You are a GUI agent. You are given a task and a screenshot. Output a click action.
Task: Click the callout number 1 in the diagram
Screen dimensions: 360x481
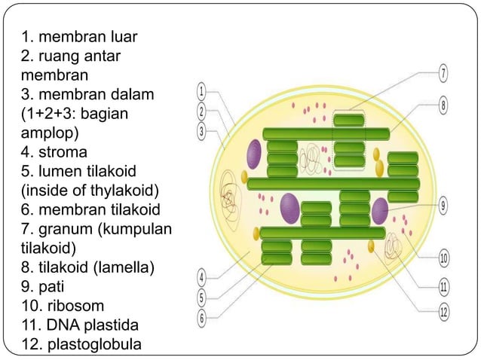201,91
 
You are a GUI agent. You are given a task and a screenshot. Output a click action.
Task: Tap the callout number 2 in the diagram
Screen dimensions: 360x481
201,111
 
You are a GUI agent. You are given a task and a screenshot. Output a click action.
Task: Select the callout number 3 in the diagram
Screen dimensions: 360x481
201,130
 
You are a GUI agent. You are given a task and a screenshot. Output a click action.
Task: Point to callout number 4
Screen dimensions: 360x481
201,277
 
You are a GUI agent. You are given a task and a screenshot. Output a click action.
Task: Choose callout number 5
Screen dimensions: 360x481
201,297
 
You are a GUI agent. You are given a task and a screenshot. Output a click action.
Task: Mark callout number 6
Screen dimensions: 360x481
201,317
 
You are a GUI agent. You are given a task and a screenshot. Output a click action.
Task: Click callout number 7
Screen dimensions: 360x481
443,74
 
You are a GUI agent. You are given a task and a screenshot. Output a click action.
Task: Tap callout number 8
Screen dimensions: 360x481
443,105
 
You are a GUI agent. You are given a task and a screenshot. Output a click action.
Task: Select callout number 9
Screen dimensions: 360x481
443,204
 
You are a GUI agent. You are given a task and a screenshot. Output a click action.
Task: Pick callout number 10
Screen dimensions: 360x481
444,258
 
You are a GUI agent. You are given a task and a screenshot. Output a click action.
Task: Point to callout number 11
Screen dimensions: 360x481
444,285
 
